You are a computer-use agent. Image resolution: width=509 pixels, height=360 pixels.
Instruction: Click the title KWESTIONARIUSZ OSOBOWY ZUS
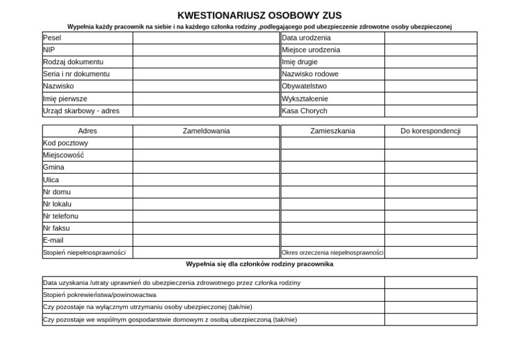[x=259, y=15]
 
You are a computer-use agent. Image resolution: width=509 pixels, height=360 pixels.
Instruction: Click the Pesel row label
[x=52, y=38]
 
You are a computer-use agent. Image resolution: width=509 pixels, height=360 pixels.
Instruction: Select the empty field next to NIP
[x=206, y=50]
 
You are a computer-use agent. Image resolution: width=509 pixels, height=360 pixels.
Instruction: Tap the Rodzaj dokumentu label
[x=73, y=62]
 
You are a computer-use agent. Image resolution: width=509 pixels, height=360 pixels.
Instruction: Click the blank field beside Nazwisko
[x=206, y=86]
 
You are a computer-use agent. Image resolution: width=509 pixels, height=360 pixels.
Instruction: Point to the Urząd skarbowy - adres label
[x=81, y=111]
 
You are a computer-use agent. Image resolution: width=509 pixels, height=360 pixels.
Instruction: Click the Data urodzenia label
[x=306, y=38]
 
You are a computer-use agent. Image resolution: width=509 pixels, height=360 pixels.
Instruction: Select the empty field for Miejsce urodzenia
[x=430, y=50]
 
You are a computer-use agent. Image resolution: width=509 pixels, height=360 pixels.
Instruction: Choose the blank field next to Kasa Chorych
[x=430, y=111]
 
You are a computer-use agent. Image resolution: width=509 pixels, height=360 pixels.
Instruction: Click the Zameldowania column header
[x=206, y=131]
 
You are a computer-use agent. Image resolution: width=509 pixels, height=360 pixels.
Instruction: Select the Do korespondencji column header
[x=430, y=131]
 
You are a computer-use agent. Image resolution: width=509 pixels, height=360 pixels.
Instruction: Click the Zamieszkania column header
[x=332, y=131]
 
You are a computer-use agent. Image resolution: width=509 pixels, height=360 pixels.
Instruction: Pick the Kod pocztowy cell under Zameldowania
[x=206, y=143]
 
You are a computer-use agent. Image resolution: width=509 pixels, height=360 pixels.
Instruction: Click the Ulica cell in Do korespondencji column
[x=430, y=180]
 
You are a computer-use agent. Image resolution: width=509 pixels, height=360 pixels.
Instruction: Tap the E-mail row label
[x=53, y=240]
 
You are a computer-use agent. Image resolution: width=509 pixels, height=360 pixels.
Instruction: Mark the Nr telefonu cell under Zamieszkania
[x=332, y=216]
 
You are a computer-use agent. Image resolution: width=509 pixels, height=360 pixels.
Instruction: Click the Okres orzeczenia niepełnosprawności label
[x=333, y=253]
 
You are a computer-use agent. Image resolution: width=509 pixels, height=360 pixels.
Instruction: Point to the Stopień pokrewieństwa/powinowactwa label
[x=99, y=294]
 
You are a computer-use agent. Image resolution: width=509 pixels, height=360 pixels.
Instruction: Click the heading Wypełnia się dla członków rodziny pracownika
[x=259, y=264]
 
